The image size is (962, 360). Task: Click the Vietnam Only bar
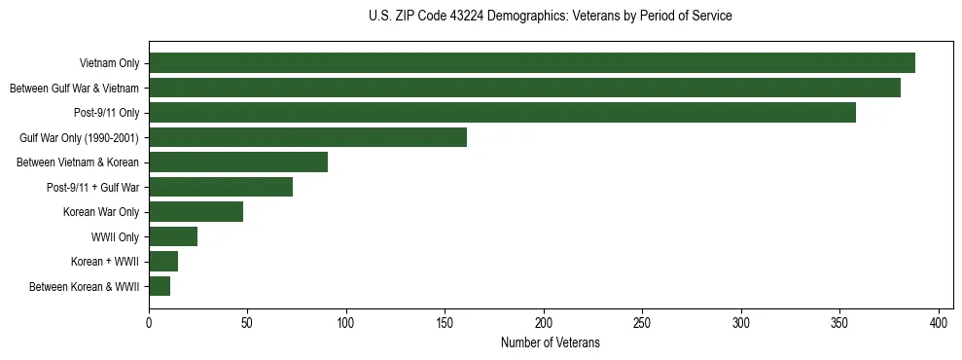pos(532,63)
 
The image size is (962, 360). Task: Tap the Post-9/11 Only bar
pos(502,113)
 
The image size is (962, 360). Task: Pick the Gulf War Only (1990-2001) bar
pos(307,137)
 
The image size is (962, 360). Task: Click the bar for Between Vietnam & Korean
pos(238,162)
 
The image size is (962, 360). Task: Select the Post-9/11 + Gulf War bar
pos(221,187)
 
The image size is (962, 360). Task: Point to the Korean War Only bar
pos(196,212)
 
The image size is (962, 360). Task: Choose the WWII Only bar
pos(173,236)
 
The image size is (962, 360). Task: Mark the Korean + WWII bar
pos(163,262)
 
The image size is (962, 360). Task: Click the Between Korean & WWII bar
pos(160,286)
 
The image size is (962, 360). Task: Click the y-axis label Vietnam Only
pos(109,64)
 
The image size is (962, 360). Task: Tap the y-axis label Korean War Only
pos(101,212)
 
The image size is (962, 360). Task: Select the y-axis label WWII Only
pos(115,236)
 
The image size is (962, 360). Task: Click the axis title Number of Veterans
pos(550,343)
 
